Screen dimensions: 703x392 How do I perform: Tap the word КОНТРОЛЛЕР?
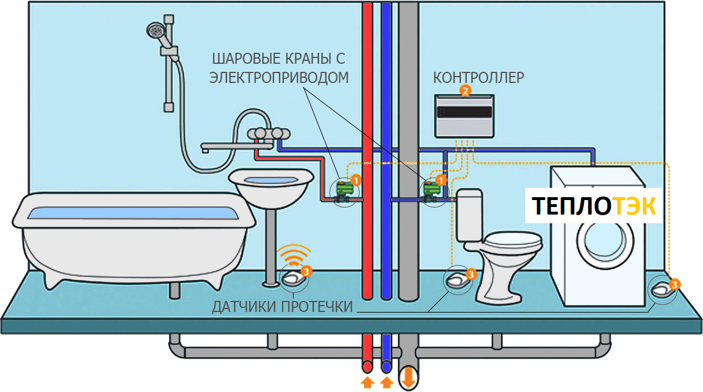click(x=478, y=78)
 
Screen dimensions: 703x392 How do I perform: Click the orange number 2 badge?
click(x=465, y=91)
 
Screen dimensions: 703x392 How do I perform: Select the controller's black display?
click(x=464, y=112)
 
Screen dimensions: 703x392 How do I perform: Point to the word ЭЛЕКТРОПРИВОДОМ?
click(x=279, y=78)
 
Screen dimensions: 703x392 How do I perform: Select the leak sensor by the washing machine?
click(x=661, y=290)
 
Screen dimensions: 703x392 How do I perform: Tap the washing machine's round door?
click(x=605, y=241)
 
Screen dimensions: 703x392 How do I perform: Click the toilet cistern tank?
click(x=470, y=215)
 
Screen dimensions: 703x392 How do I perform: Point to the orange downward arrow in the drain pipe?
click(x=408, y=378)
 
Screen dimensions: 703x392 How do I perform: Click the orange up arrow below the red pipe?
click(x=367, y=382)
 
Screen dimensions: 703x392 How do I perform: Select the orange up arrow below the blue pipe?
click(x=387, y=382)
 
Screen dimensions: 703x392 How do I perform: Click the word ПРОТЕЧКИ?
click(x=317, y=307)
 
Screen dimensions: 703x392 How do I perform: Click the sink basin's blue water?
click(x=271, y=180)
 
